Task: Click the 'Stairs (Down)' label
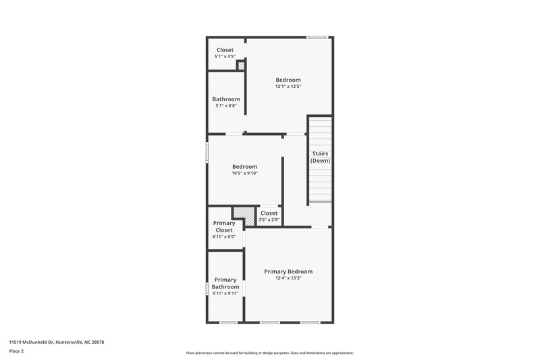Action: tap(320, 157)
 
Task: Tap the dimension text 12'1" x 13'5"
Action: tap(288, 86)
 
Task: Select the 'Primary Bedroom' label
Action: tap(288, 272)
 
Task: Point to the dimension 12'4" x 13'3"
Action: tap(288, 278)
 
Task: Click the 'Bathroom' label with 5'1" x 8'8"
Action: tap(226, 99)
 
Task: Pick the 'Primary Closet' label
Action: tap(224, 227)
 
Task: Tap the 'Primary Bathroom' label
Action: tap(225, 283)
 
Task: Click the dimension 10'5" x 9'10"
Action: tap(244, 174)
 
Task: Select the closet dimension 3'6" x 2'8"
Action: tap(269, 220)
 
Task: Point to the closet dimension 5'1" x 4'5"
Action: tap(225, 56)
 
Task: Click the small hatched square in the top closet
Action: tap(240, 66)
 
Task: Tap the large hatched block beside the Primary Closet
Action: tap(244, 215)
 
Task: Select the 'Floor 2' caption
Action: tap(16, 351)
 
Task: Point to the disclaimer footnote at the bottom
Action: tap(269, 353)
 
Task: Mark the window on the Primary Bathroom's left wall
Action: tap(207, 288)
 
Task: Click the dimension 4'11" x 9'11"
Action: tap(225, 294)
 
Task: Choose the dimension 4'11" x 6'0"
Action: tap(224, 237)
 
